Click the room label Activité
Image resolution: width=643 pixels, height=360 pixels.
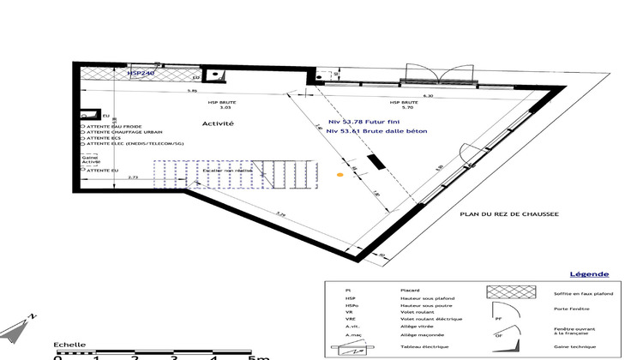point(218,123)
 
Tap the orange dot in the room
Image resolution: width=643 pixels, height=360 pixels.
point(340,176)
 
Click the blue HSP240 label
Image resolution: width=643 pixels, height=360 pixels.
point(141,75)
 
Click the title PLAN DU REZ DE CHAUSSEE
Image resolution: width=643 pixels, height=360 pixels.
point(509,216)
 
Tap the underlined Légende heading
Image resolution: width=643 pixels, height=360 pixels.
point(590,275)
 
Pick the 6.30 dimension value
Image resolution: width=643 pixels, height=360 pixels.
point(429,96)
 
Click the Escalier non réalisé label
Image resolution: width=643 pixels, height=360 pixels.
point(227,171)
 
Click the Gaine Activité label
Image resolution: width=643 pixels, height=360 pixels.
point(90,160)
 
